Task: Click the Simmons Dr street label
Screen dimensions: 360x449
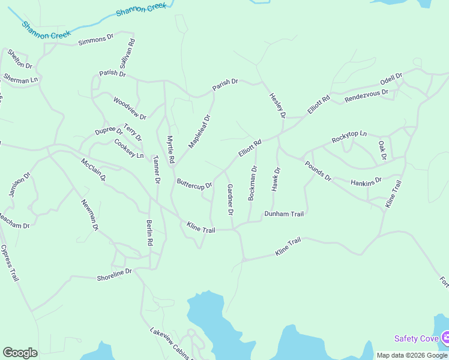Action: point(96,40)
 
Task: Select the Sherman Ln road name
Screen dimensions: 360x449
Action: point(20,79)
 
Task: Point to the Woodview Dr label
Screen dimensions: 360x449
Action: point(130,107)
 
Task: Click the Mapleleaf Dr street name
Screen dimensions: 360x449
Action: point(200,131)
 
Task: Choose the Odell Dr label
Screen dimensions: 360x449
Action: point(391,82)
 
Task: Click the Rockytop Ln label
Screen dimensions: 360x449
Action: point(349,137)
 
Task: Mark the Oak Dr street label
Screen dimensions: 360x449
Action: point(382,151)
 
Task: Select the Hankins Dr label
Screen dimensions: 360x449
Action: point(366,182)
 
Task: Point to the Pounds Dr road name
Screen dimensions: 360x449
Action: point(318,170)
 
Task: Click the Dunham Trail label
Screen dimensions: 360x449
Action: point(285,214)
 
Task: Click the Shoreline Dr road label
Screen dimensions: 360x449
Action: point(114,274)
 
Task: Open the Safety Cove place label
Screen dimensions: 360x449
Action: point(416,338)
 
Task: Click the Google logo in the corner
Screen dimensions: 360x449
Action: point(20,353)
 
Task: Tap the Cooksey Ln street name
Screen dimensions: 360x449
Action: point(129,149)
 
